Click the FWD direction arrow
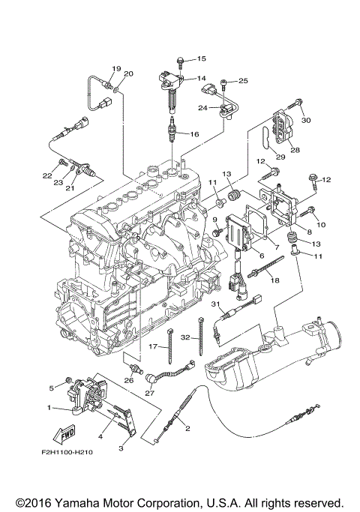click(64, 434)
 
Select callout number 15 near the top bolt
click(202, 58)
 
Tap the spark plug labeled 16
click(172, 130)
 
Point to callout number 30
click(306, 120)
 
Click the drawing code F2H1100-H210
click(67, 452)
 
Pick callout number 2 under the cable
click(187, 428)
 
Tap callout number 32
click(185, 337)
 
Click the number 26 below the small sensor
click(129, 380)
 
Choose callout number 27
click(149, 393)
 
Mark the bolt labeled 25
click(223, 84)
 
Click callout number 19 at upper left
click(116, 69)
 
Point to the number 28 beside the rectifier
click(295, 150)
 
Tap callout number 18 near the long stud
click(275, 280)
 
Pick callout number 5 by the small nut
click(51, 388)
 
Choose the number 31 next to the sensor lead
click(215, 304)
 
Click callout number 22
click(47, 175)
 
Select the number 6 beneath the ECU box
click(262, 256)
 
